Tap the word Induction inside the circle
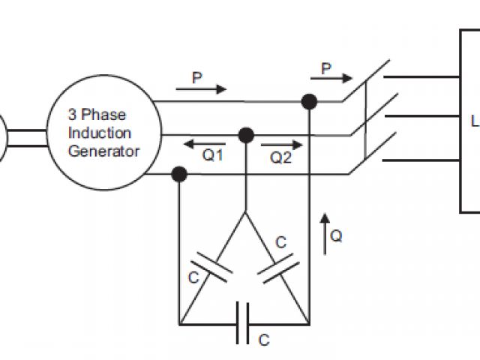click(100, 133)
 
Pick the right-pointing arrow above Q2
click(286, 143)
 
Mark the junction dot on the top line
click(307, 101)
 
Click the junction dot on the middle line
click(245, 135)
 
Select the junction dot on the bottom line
click(179, 174)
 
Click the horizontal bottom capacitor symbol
click(243, 323)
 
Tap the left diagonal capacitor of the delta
click(209, 270)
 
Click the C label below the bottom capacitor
click(263, 340)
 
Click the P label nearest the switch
click(326, 69)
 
